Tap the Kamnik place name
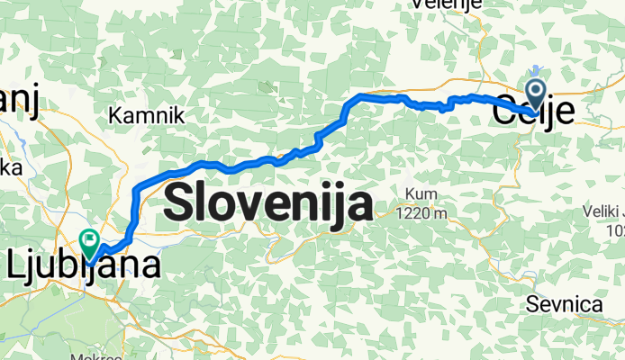point(146,115)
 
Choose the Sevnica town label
point(564,304)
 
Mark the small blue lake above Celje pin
point(536,69)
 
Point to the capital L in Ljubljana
point(16,265)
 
